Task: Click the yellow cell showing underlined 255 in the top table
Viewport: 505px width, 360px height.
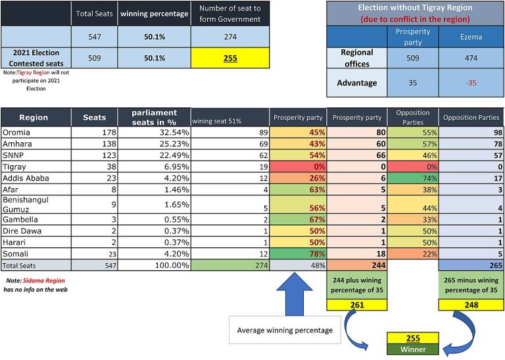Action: pyautogui.click(x=230, y=58)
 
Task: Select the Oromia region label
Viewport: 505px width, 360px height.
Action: pyautogui.click(x=16, y=132)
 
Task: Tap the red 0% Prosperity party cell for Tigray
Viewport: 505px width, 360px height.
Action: pyautogui.click(x=298, y=167)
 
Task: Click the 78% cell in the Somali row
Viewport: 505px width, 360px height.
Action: pyautogui.click(x=298, y=253)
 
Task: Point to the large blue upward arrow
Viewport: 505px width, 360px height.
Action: pyautogui.click(x=295, y=294)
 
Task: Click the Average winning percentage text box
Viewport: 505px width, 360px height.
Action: pyautogui.click(x=285, y=330)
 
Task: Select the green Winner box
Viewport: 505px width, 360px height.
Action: pyautogui.click(x=413, y=349)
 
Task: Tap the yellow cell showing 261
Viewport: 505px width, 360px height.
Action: pyautogui.click(x=357, y=305)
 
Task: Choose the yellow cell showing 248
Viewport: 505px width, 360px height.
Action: pyautogui.click(x=471, y=305)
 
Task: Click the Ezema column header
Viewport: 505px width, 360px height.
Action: pyautogui.click(x=471, y=37)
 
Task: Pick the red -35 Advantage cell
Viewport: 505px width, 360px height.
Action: pyautogui.click(x=471, y=83)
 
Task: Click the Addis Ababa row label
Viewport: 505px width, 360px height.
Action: pyautogui.click(x=26, y=178)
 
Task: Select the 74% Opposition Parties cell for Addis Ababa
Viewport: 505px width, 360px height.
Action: pyautogui.click(x=413, y=178)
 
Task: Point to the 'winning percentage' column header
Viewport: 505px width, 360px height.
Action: pyautogui.click(x=155, y=14)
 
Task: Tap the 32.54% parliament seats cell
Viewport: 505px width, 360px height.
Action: pyautogui.click(x=155, y=132)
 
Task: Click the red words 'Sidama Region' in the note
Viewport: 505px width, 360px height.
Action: pyautogui.click(x=44, y=281)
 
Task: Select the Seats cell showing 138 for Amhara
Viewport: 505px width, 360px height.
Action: pyautogui.click(x=95, y=143)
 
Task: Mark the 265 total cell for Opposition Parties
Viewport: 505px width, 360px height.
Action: pyautogui.click(x=471, y=265)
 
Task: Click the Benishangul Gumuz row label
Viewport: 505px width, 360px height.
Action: pyautogui.click(x=26, y=204)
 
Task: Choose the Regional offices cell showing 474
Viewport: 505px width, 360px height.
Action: pyautogui.click(x=471, y=58)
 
